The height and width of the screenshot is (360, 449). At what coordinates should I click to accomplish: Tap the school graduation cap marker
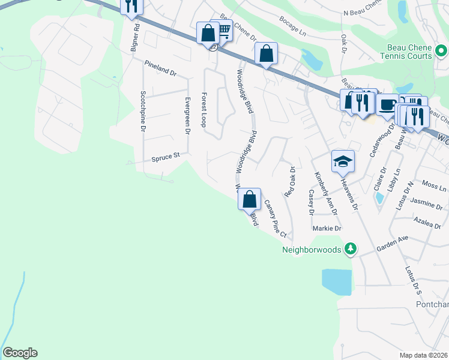pyautogui.click(x=342, y=161)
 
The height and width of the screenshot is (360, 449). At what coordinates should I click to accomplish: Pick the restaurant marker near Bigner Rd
pyautogui.click(x=131, y=7)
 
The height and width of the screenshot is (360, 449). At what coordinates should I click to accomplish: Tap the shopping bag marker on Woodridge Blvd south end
pyautogui.click(x=250, y=199)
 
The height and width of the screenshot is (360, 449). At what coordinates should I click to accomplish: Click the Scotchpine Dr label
pyautogui.click(x=143, y=112)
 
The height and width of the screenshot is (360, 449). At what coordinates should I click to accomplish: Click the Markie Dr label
pyautogui.click(x=327, y=229)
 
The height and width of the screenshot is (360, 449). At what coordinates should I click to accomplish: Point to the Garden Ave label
pyautogui.click(x=392, y=242)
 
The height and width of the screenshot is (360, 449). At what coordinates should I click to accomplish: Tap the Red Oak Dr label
pyautogui.click(x=291, y=182)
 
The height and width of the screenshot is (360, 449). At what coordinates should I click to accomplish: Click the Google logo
pyautogui.click(x=20, y=353)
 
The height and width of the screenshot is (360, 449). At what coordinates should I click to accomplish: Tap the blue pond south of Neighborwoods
pyautogui.click(x=336, y=282)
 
